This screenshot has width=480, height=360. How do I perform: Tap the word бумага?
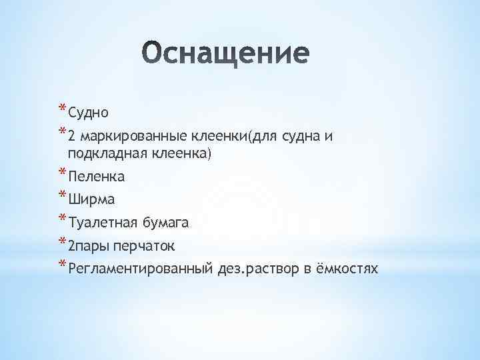click(167, 223)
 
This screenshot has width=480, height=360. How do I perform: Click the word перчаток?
click(144, 247)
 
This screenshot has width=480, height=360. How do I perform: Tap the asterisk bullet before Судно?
click(62, 109)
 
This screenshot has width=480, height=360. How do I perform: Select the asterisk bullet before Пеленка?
click(62, 174)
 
